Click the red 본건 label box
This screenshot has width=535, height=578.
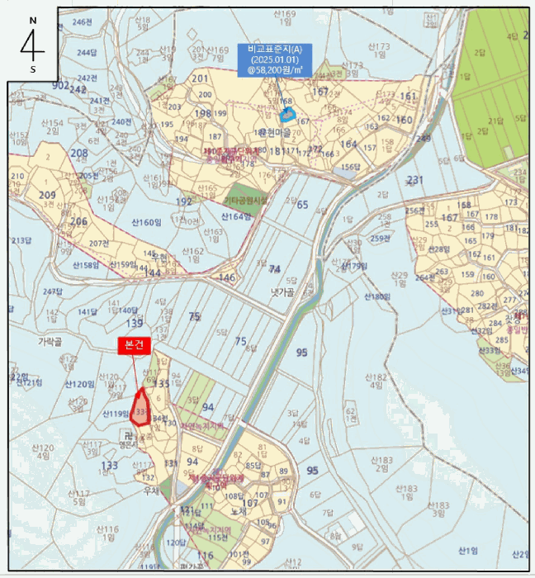point(135,346)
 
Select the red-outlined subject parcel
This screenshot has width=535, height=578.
point(141,407)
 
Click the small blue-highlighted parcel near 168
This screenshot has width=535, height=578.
point(287,113)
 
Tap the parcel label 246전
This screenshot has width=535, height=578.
point(83,21)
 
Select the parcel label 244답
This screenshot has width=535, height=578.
point(87,52)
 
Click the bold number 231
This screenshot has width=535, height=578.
point(414,180)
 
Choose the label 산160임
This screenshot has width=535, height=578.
point(145,222)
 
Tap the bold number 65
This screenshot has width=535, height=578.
point(302,205)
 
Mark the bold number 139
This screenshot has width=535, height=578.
point(135,323)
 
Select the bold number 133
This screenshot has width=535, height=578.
point(108,466)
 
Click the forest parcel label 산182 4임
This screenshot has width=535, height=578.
point(376,380)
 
